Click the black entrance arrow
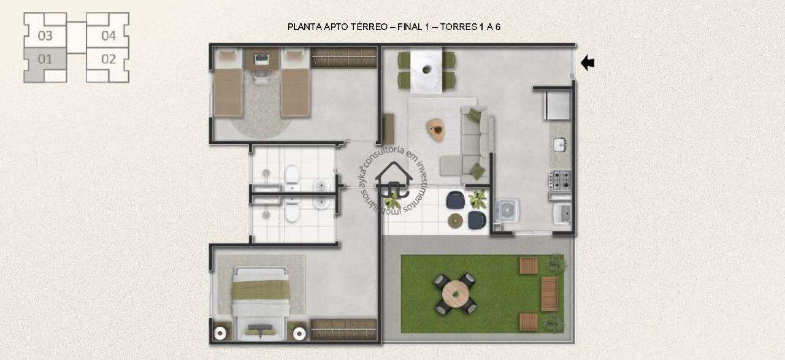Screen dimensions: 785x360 click(588, 63)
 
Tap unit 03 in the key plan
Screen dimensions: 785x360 click(45, 36)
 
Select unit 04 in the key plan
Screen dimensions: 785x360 click(108, 36)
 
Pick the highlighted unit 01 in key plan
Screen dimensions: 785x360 click(45, 59)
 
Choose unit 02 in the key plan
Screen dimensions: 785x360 click(108, 59)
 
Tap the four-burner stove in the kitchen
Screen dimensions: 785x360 click(560, 180)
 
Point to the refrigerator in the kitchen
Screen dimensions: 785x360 click(557, 105)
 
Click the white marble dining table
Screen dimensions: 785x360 click(426, 71)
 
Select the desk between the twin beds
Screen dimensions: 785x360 click(261, 59)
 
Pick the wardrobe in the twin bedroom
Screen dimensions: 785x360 click(343, 58)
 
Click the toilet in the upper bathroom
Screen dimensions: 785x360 click(291, 174)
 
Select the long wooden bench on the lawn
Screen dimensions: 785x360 click(549, 294)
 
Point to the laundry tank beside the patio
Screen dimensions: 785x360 click(507, 210)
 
